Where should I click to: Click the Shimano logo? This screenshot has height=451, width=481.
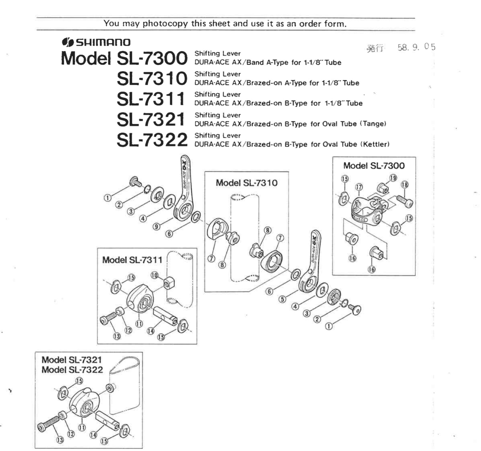pos(96,42)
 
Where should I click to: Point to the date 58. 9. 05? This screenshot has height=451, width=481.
pos(416,48)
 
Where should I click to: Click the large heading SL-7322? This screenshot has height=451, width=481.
pos(152,140)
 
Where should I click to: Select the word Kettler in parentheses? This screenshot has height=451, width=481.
pos(375,144)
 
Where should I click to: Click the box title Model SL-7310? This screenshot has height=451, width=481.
pos(246,183)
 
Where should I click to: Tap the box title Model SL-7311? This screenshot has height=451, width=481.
pos(132,260)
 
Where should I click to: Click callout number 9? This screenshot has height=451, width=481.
pos(157,226)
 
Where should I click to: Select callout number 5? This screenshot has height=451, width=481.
pos(282,299)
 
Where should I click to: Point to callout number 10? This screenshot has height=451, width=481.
pos(154,275)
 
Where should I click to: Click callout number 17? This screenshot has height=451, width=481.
pos(359,187)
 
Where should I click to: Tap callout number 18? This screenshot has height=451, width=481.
pos(404,185)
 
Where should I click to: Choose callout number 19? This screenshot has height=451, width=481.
pos(393,178)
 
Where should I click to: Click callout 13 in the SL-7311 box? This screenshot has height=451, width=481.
pos(117,336)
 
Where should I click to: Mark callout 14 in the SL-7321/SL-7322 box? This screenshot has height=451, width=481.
pos(93,435)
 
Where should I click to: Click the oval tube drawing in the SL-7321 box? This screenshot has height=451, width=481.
pos(125,385)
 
